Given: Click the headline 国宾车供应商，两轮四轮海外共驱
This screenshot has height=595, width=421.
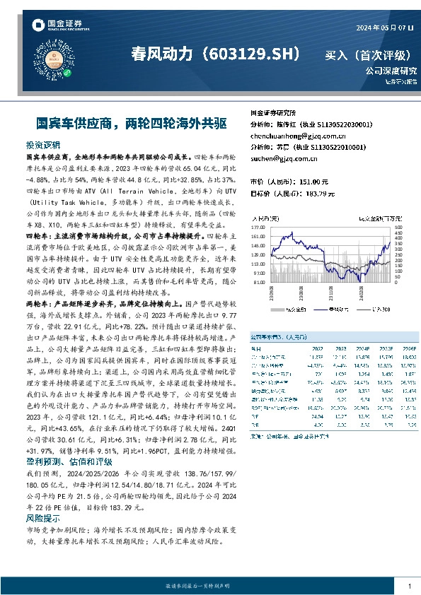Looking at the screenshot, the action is [x=122, y=122].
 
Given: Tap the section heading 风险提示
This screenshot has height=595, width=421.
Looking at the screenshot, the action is [x=42, y=518].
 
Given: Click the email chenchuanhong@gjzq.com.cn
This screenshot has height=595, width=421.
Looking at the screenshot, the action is [x=288, y=135].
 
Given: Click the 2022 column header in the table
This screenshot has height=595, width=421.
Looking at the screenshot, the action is [x=316, y=349].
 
